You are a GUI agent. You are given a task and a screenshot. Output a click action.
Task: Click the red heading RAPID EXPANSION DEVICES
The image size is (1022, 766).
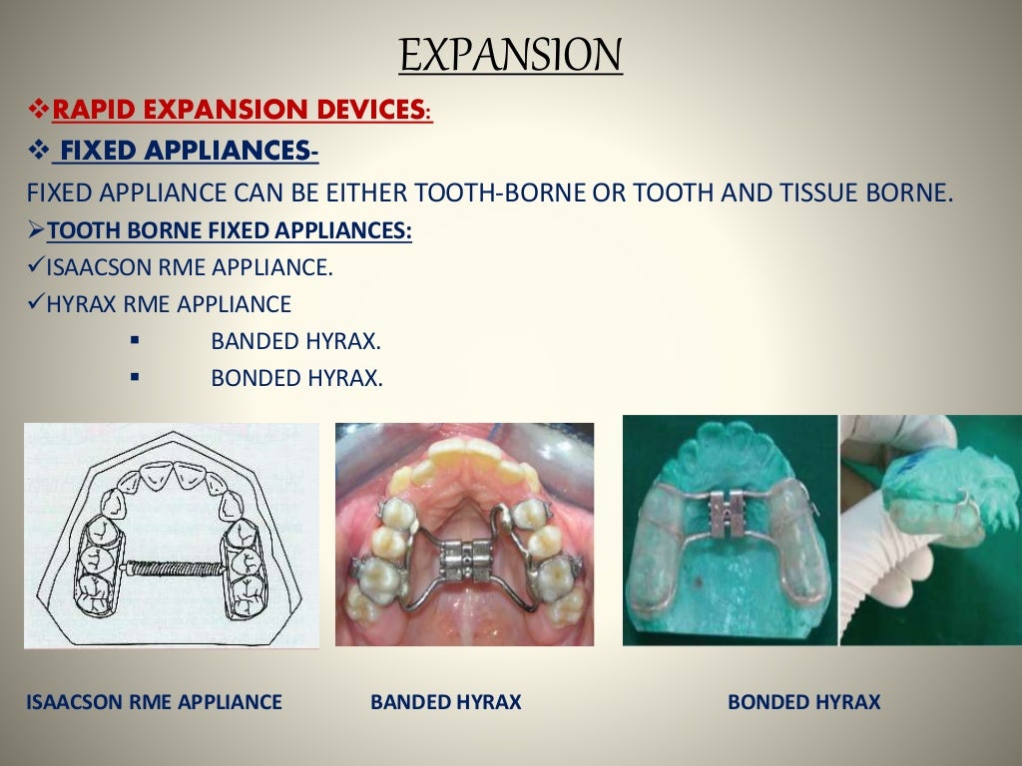[x=242, y=110]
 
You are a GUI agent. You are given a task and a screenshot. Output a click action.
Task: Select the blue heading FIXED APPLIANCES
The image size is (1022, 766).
[x=185, y=151]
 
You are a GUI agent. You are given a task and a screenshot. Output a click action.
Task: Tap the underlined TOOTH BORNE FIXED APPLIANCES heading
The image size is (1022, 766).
[x=230, y=231]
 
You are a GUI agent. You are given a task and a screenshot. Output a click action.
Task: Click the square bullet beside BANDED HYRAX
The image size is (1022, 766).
[x=135, y=341]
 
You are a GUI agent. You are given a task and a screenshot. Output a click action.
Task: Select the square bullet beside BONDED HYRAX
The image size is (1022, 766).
[x=135, y=378]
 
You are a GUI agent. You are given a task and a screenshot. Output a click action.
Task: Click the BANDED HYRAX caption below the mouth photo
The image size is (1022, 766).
[x=446, y=702]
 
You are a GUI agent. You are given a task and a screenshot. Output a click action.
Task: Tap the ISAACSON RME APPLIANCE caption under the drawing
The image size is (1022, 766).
[x=155, y=702]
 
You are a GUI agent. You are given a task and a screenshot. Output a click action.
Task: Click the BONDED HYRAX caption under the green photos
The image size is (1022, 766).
[x=803, y=702]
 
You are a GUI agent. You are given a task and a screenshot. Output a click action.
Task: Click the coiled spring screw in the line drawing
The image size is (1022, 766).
[x=171, y=566]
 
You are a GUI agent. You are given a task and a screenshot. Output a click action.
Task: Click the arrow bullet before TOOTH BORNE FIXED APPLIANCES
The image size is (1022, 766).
[x=36, y=231]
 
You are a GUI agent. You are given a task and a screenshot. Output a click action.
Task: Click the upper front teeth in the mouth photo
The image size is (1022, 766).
[x=464, y=459]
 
